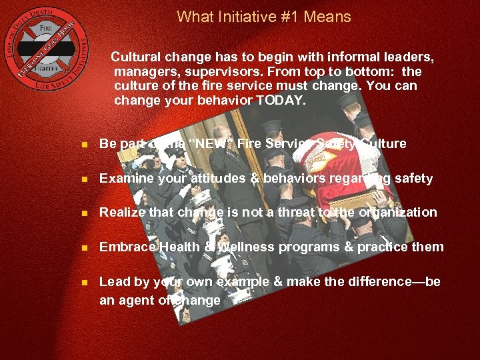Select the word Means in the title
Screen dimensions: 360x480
tap(327, 17)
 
